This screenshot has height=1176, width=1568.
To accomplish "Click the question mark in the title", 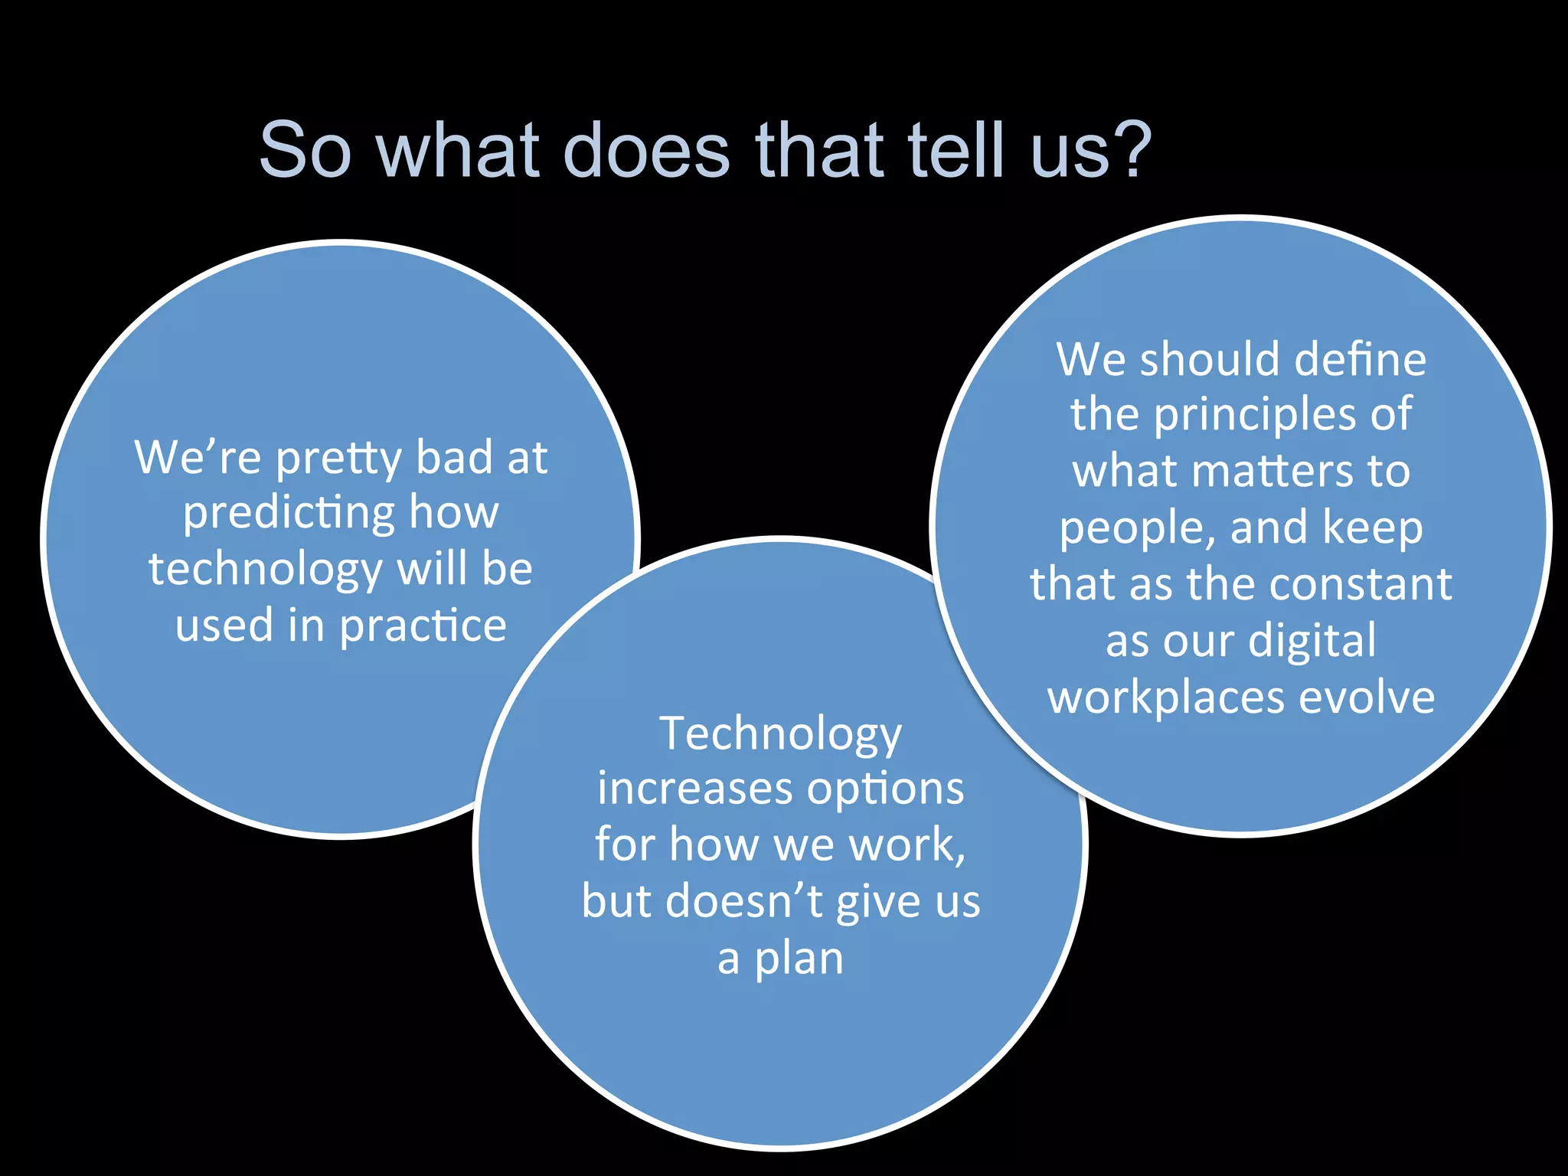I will pyautogui.click(x=1132, y=149).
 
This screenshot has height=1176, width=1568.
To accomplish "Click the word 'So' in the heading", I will pyautogui.click(x=305, y=149).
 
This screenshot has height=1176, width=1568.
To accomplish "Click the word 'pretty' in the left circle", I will pyautogui.click(x=338, y=459).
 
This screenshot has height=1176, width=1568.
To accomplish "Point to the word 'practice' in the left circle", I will pyautogui.click(x=423, y=627).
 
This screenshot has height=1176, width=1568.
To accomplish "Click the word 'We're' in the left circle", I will pyautogui.click(x=198, y=457).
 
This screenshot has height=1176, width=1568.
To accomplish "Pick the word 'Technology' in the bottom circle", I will pyautogui.click(x=780, y=735).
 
